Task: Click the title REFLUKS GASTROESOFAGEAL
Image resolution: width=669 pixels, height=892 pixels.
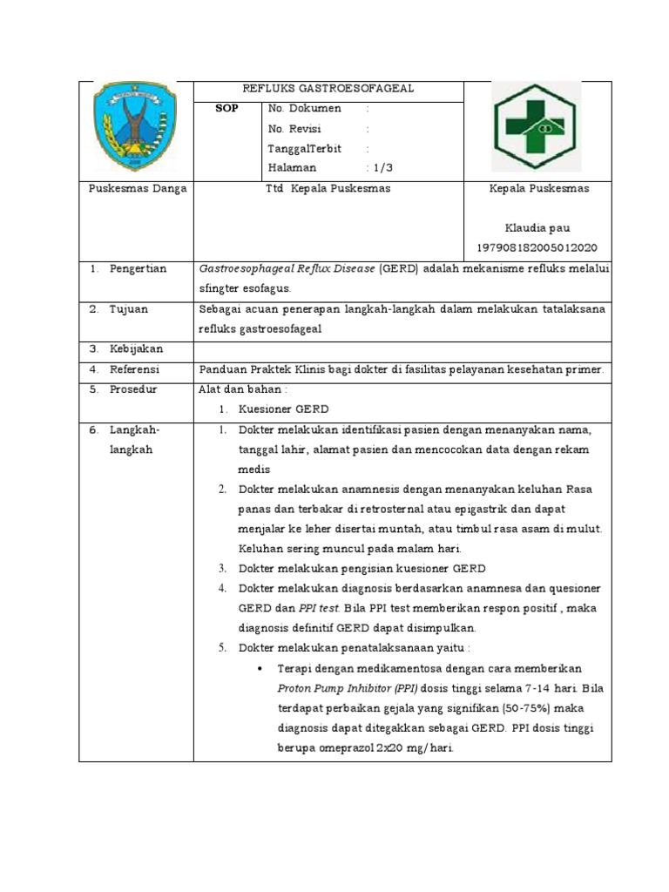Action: (x=328, y=89)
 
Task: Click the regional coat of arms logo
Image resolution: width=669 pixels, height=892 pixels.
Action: (x=134, y=126)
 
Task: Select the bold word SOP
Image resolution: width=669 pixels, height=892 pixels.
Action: (x=226, y=109)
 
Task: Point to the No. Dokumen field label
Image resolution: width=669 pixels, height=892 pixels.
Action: (x=305, y=109)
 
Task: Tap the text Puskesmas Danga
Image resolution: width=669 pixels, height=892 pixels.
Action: (x=139, y=189)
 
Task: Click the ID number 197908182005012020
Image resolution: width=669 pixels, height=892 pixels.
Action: (x=537, y=248)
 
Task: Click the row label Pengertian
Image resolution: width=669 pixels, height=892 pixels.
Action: (x=138, y=269)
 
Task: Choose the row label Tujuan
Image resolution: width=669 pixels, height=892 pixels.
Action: (x=129, y=309)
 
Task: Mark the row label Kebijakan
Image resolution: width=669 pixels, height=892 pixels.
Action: (x=136, y=349)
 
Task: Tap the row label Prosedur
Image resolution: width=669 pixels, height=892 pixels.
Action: (x=133, y=389)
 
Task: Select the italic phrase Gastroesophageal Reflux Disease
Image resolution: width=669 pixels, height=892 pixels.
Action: (x=287, y=269)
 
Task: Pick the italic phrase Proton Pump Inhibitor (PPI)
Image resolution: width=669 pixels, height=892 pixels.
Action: (x=337, y=687)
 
